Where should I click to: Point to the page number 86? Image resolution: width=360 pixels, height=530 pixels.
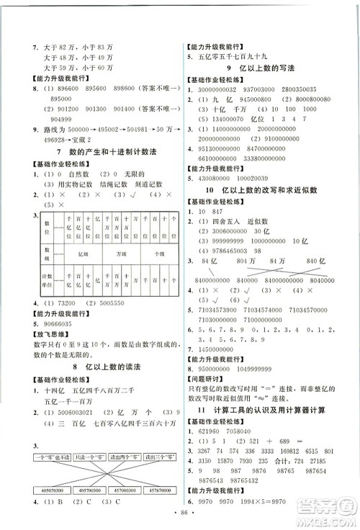pos(180,521)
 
